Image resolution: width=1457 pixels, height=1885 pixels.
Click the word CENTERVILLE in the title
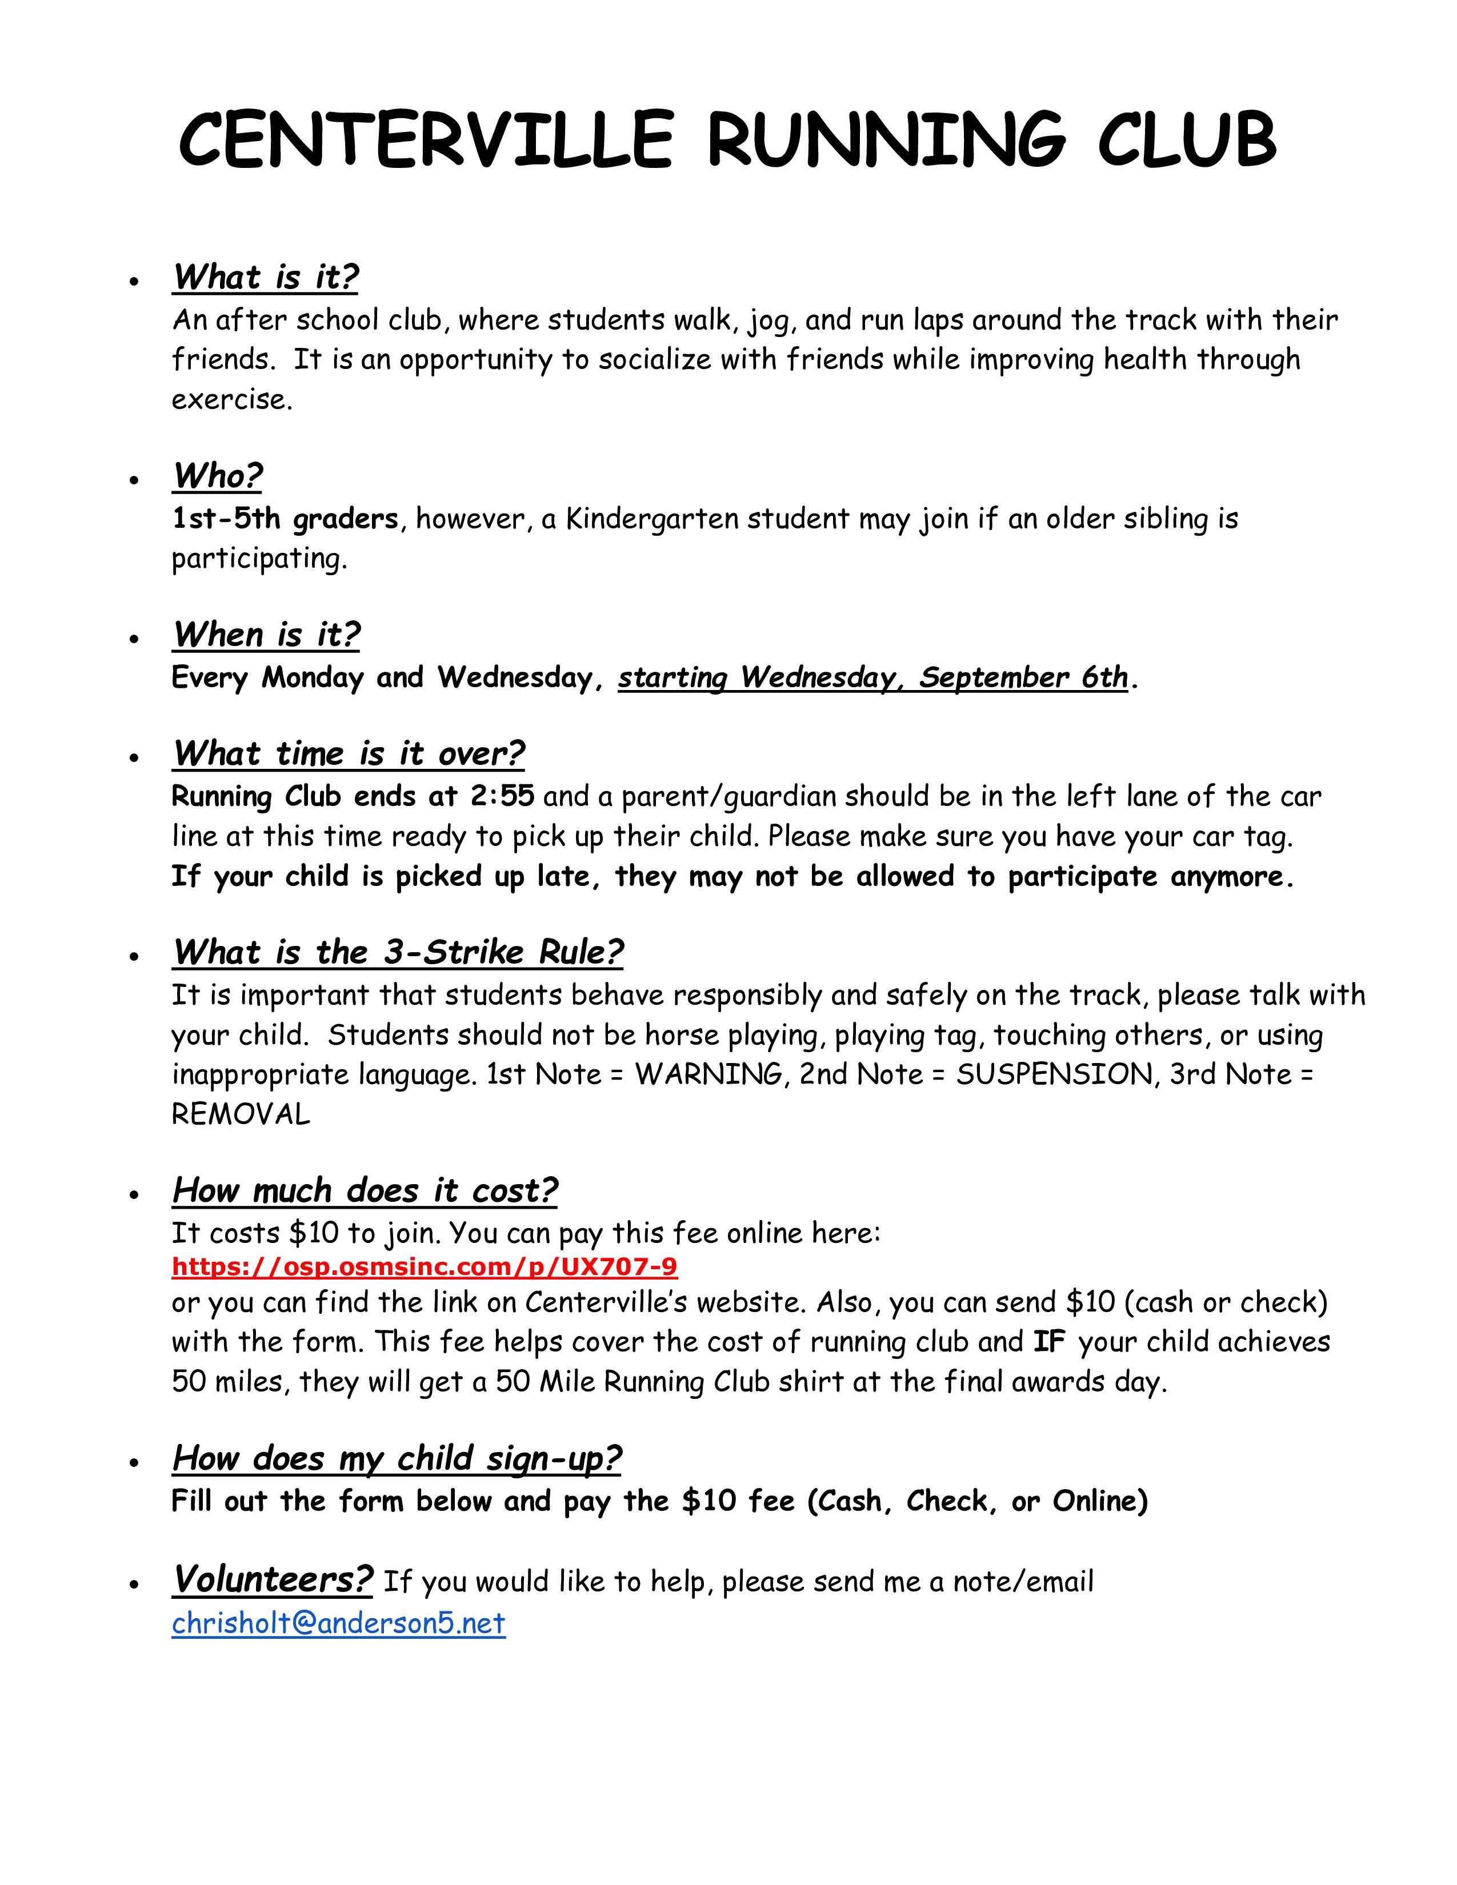(x=425, y=140)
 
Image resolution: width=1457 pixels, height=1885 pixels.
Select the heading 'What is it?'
(x=265, y=277)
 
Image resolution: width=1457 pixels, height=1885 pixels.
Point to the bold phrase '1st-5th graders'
(x=285, y=519)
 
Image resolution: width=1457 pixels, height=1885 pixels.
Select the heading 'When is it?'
(x=266, y=635)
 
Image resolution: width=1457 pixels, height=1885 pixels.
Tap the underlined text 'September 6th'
(x=1023, y=677)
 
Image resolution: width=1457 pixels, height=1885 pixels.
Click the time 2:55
(x=502, y=795)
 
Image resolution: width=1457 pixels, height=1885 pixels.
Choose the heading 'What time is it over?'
(x=348, y=753)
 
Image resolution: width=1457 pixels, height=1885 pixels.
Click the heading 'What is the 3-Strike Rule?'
(x=397, y=952)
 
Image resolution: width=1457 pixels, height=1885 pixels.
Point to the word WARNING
(x=708, y=1074)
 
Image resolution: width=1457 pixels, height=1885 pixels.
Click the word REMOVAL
(x=241, y=1114)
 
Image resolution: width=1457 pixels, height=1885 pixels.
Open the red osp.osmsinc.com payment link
(x=425, y=1267)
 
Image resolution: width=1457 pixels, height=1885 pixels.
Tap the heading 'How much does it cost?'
(x=365, y=1190)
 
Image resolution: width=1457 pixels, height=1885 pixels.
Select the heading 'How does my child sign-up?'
(x=396, y=1458)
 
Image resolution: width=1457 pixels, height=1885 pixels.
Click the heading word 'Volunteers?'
(x=273, y=1579)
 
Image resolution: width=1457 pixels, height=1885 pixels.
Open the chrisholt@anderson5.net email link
(x=338, y=1623)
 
